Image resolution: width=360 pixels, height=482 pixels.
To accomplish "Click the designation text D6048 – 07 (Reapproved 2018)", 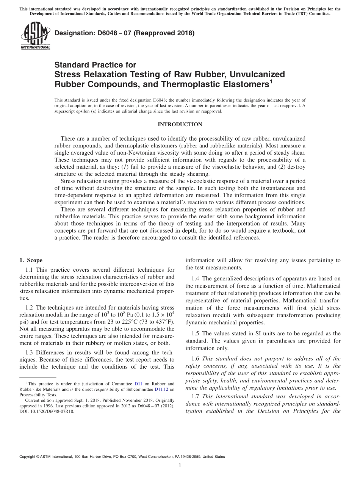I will (125, 33).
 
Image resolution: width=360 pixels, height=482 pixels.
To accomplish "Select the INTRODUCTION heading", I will (180, 125).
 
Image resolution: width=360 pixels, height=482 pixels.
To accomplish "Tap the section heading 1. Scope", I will (31, 260).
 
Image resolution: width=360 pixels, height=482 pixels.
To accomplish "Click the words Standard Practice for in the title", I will (95, 65).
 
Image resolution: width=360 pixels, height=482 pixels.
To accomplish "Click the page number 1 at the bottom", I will (180, 466).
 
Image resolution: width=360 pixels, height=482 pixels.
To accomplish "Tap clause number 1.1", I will (29, 270).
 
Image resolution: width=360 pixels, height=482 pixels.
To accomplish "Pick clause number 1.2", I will (29, 308).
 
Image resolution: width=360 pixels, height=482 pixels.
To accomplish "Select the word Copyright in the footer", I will (28, 457).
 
